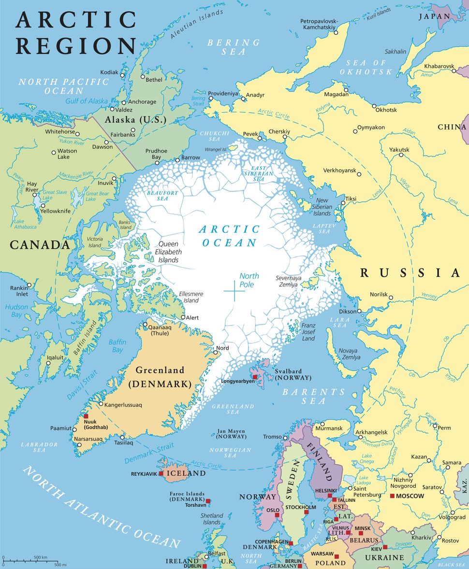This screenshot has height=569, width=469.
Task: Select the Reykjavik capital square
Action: (161, 473)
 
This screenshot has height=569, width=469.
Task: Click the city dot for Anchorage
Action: (124, 102)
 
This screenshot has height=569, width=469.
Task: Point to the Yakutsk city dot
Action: (399, 156)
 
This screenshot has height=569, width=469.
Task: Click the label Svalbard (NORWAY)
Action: (293, 374)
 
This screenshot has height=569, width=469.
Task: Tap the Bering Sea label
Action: (234, 47)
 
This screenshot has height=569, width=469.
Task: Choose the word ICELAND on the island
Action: (186, 473)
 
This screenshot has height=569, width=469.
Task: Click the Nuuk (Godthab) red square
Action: (86, 416)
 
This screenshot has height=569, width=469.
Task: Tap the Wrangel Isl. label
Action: (216, 150)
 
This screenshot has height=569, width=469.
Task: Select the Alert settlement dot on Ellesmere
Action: (183, 317)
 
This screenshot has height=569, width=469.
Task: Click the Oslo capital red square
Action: (277, 515)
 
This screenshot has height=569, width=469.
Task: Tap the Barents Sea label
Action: (314, 396)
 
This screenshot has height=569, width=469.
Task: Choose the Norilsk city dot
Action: (391, 298)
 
